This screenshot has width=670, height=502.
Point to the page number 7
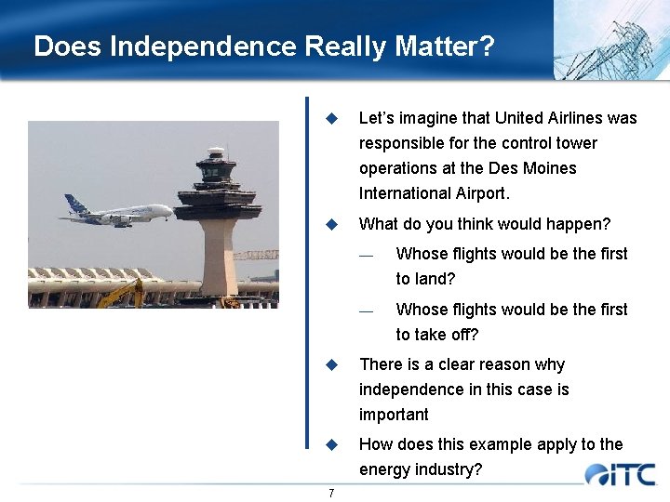pos(331,493)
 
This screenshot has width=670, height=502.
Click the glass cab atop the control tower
pos(216,170)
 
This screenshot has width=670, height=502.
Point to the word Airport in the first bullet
pos(479,193)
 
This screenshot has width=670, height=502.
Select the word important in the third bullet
pos(394,415)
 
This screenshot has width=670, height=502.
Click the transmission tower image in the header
pos(610,39)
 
